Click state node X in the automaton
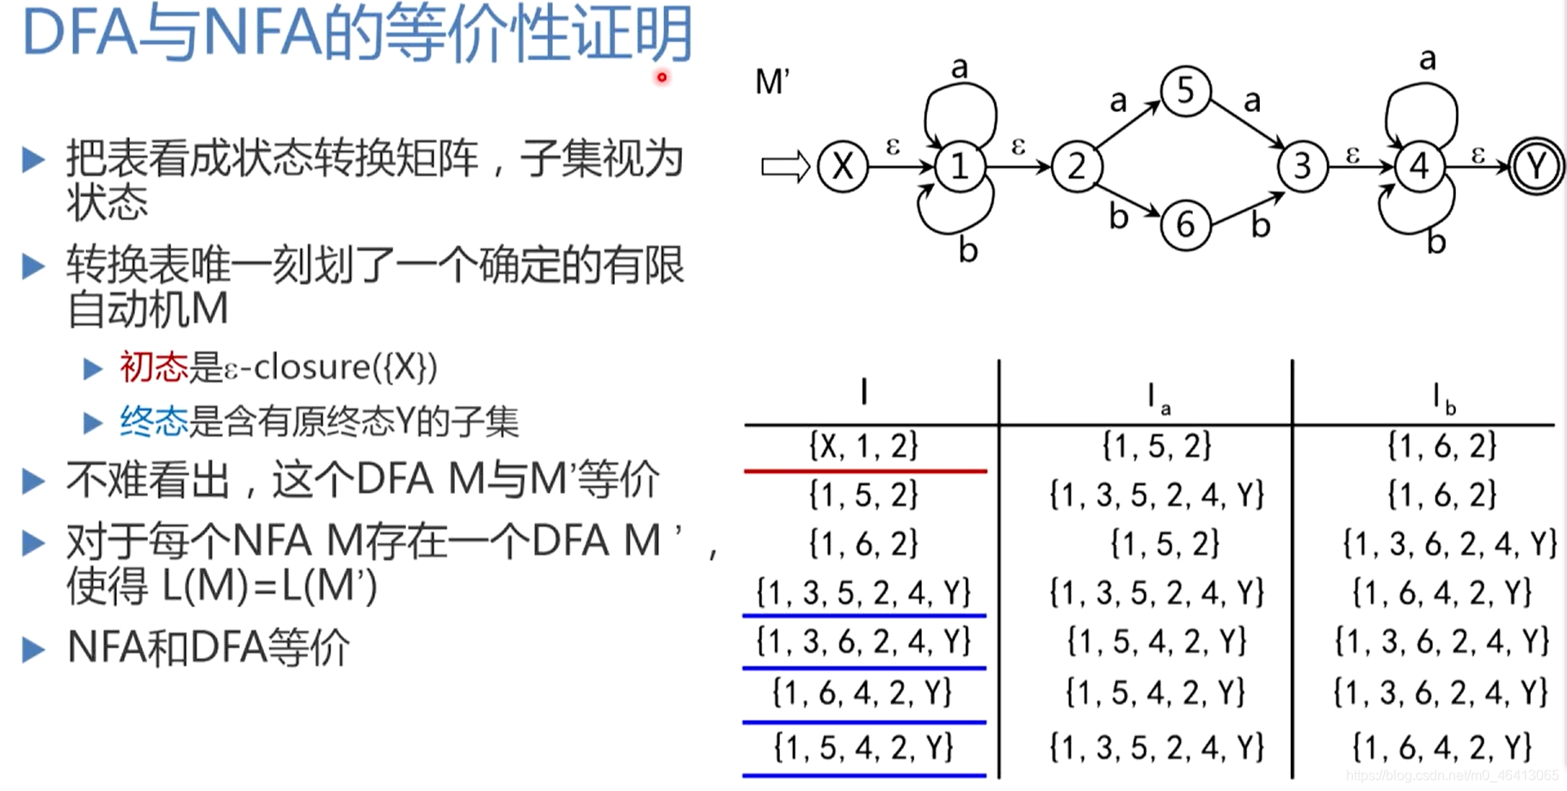click(842, 167)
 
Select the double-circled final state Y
click(1536, 167)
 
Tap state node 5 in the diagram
click(1185, 90)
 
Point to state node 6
click(1185, 225)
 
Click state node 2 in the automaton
click(1076, 167)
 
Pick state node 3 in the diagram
click(1302, 167)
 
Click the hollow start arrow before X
click(785, 167)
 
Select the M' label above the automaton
click(771, 83)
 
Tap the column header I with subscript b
click(1442, 398)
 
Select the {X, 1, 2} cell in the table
click(863, 445)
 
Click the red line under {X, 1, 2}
click(864, 471)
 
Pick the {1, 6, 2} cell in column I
click(863, 543)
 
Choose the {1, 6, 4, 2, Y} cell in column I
click(863, 692)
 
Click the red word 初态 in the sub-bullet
click(154, 368)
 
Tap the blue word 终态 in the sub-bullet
click(154, 422)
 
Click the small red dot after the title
click(661, 77)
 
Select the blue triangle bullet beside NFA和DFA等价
click(33, 649)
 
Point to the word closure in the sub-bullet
click(311, 368)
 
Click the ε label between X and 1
click(892, 147)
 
